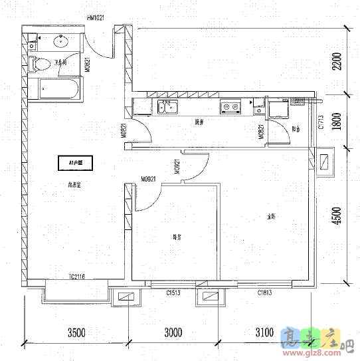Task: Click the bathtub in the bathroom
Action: click(59, 88)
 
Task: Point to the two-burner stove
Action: click(230, 106)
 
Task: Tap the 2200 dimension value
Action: click(337, 63)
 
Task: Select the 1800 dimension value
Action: click(337, 123)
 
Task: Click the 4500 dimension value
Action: click(337, 216)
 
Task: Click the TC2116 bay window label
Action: click(77, 277)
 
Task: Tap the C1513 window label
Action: click(174, 292)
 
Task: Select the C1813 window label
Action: click(266, 292)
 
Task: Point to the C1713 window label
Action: click(320, 122)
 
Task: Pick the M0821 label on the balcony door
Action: click(261, 132)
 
